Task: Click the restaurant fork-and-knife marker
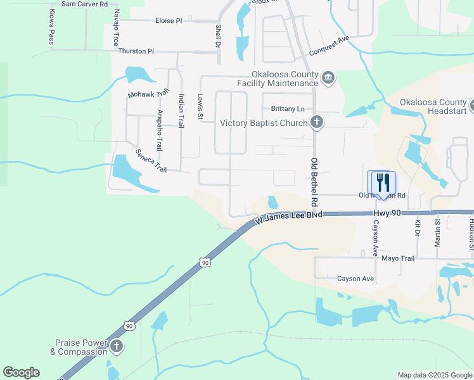381,183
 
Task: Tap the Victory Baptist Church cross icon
317,123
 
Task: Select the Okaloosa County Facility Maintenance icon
328,77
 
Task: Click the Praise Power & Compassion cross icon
116,346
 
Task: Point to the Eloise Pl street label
168,21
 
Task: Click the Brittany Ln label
288,109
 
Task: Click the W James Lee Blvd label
288,218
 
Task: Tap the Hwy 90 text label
387,213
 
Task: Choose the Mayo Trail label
397,258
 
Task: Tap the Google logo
21,372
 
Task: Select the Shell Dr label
217,37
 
